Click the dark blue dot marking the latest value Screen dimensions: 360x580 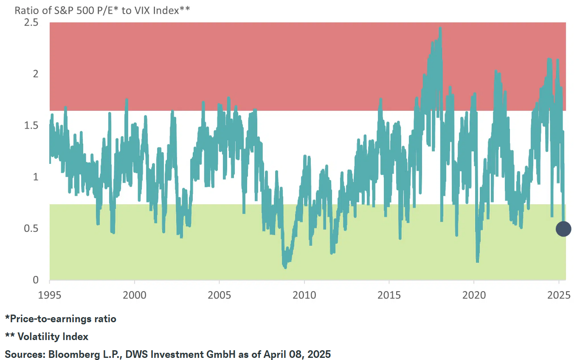pos(563,229)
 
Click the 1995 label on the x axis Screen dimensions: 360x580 pos(50,295)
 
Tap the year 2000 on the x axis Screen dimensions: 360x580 pos(135,295)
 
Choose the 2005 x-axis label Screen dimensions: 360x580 pos(220,295)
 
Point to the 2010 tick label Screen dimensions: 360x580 pos(304,295)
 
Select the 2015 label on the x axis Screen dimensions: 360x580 pos(389,295)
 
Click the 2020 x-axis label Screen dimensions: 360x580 pos(474,295)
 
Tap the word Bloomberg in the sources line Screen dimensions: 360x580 pos(71,354)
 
